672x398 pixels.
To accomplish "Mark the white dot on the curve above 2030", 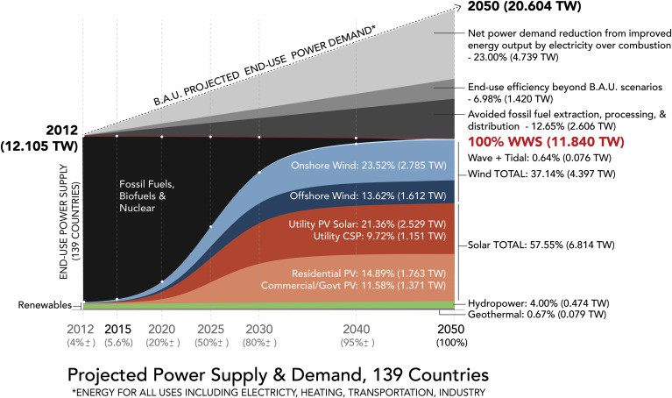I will [259, 173].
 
